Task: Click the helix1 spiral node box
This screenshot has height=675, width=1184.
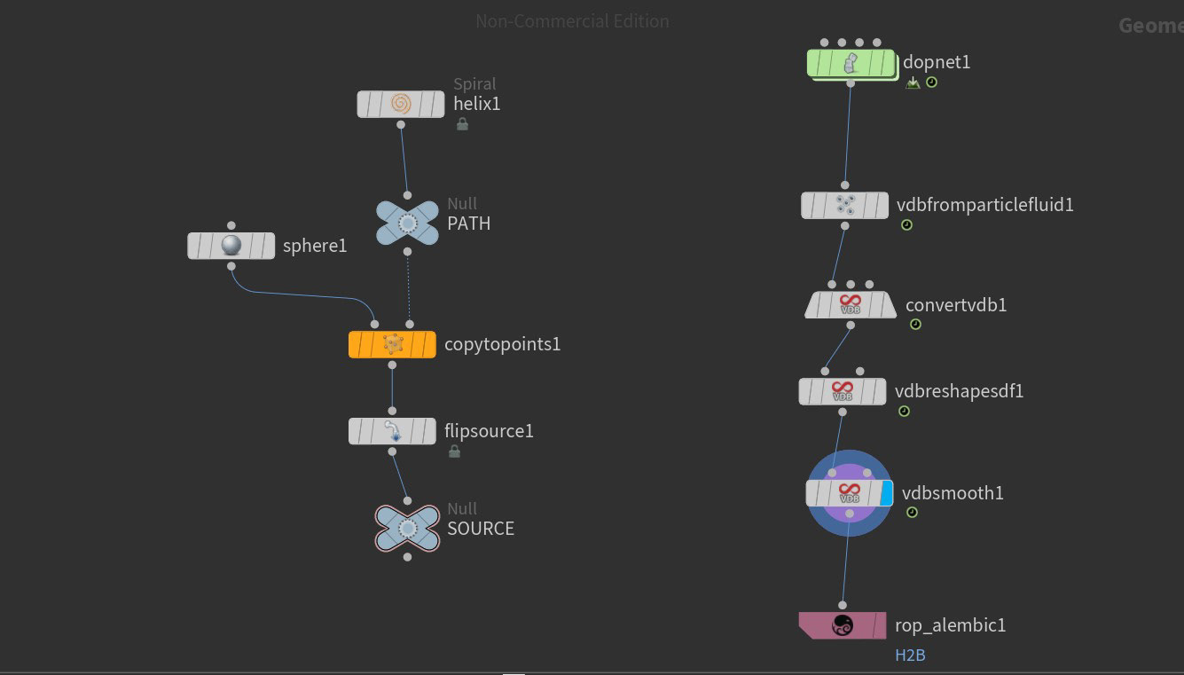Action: click(401, 104)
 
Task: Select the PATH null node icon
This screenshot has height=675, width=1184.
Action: click(407, 224)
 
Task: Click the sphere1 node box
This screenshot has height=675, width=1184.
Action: click(231, 246)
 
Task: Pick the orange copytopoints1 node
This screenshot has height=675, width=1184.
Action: click(392, 344)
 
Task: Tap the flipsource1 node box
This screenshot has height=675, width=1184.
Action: click(392, 431)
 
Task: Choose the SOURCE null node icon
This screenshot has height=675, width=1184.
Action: click(407, 529)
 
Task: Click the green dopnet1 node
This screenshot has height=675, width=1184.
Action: click(851, 63)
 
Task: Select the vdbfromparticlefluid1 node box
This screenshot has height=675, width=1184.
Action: click(844, 206)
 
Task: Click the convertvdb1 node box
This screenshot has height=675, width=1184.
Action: click(850, 305)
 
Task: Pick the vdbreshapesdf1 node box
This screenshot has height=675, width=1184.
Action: click(842, 391)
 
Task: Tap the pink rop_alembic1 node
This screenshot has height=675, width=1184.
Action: click(842, 625)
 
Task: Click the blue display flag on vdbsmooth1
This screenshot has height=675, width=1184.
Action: click(886, 493)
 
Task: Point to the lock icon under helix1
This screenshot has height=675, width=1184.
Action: click(462, 124)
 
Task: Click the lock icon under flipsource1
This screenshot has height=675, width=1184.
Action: click(454, 451)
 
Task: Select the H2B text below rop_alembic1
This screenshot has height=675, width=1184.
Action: click(910, 655)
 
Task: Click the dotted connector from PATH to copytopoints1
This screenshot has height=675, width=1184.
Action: click(409, 288)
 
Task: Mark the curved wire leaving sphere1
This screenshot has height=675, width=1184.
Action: click(293, 294)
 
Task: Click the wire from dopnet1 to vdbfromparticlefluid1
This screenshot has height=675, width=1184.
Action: click(848, 133)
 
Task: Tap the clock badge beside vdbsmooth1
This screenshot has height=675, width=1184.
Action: click(912, 513)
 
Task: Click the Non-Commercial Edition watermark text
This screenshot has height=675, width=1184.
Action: click(572, 20)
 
